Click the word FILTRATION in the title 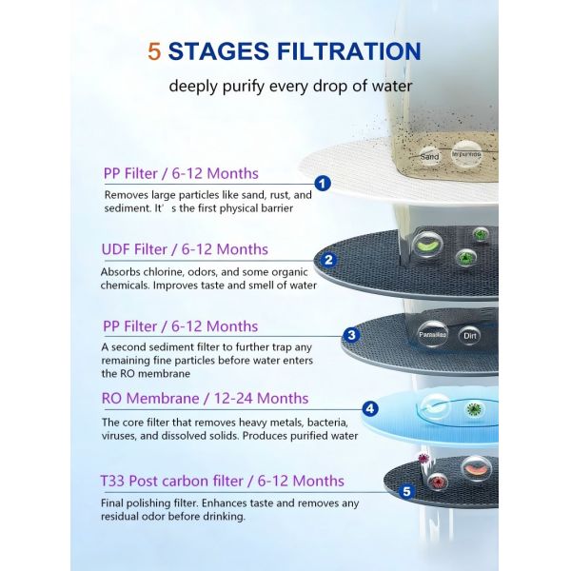[x=341, y=50]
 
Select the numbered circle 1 [x=322, y=184]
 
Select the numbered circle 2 [x=328, y=259]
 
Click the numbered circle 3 [x=351, y=334]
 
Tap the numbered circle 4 [x=370, y=410]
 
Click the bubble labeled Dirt [x=468, y=336]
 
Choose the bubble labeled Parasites [x=433, y=335]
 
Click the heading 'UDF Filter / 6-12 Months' [x=185, y=249]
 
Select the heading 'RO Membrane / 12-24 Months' [x=205, y=399]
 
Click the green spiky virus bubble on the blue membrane [x=472, y=409]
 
